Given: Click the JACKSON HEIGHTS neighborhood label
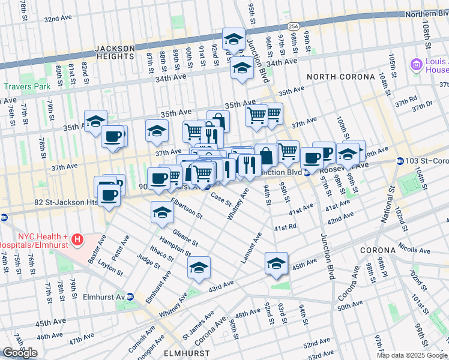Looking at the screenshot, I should point(114,52).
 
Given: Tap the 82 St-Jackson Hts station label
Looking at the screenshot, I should point(66,203).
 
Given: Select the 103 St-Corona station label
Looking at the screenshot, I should point(426,161).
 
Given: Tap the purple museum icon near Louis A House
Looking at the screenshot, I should point(415,64).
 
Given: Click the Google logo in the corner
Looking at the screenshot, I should point(20,353).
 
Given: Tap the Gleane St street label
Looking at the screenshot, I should point(185,238).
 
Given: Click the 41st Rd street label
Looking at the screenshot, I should point(285,228).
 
